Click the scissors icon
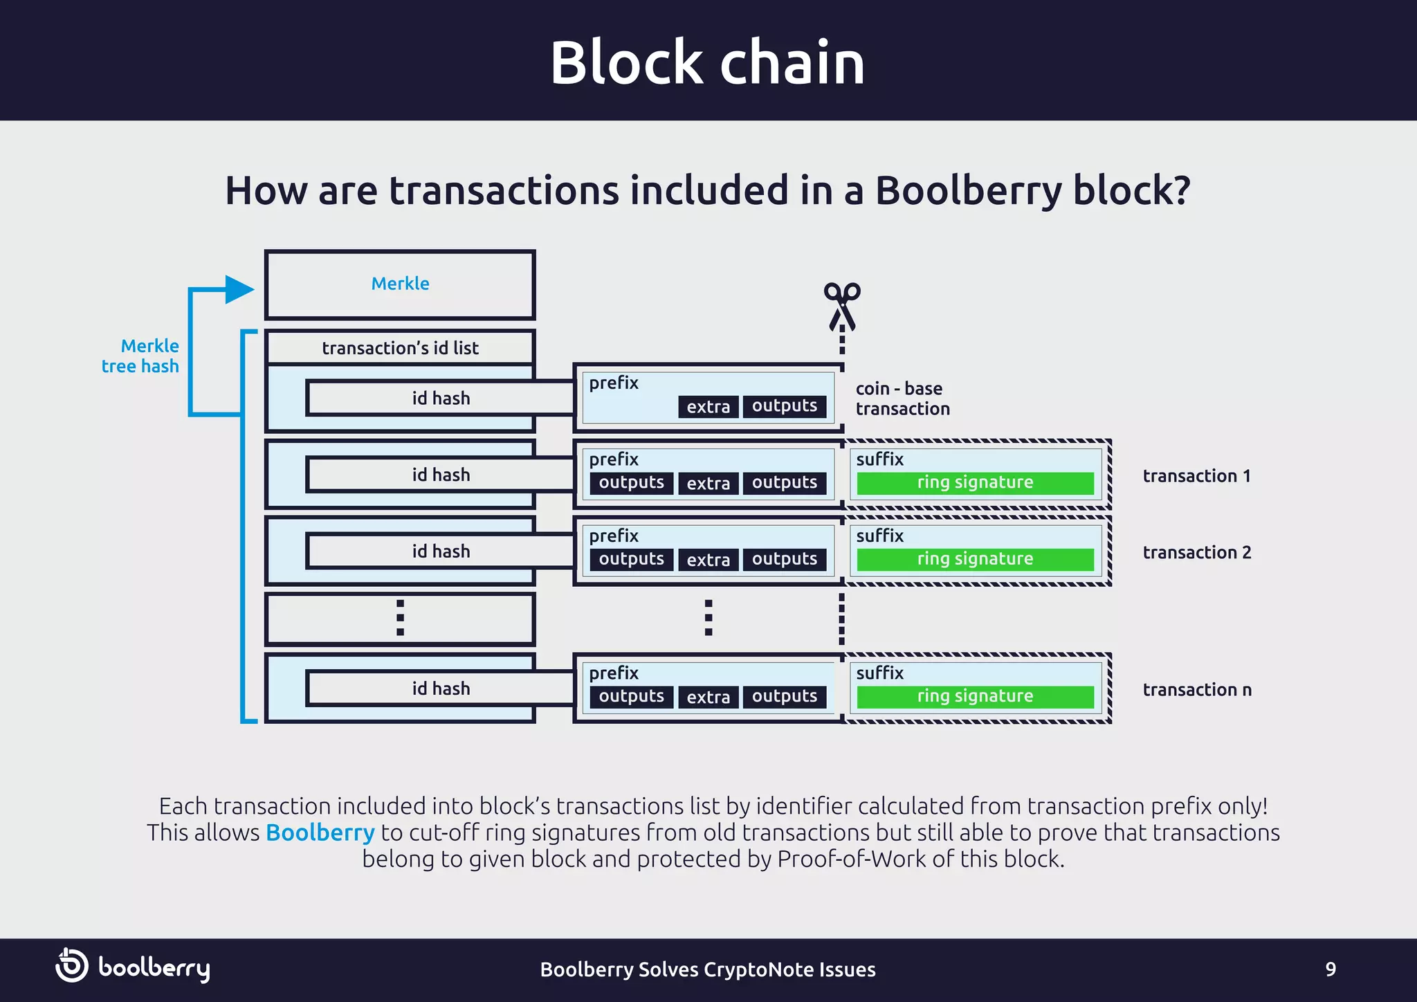click(x=842, y=305)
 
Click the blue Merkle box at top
click(x=400, y=284)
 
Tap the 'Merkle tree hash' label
click(x=140, y=356)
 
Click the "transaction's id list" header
click(x=400, y=347)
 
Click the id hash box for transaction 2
click(x=441, y=551)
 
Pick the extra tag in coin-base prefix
click(x=708, y=406)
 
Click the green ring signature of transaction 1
click(x=975, y=482)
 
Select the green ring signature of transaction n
click(x=975, y=696)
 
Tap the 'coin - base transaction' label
click(x=902, y=399)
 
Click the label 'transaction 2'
click(x=1197, y=552)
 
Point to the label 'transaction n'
click(x=1197, y=689)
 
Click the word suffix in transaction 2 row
click(x=879, y=536)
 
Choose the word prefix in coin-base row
click(x=614, y=383)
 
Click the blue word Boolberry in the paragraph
click(x=320, y=832)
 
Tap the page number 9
click(x=1330, y=969)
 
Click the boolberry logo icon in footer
click(x=72, y=965)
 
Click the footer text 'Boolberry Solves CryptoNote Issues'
click(x=707, y=969)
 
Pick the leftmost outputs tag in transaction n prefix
click(x=631, y=696)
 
